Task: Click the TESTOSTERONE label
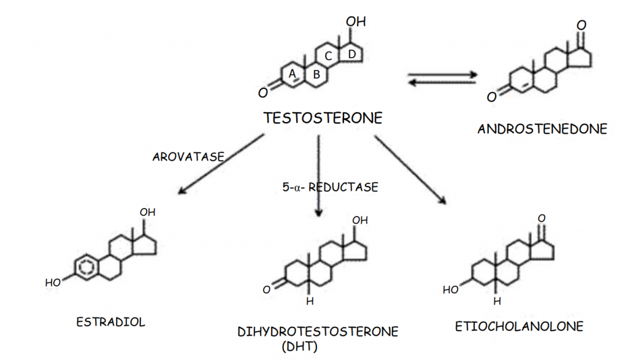(x=323, y=118)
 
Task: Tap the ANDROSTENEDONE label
(x=542, y=129)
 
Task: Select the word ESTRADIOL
(x=111, y=322)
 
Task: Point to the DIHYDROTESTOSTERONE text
(x=318, y=332)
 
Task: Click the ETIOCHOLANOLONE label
(x=519, y=326)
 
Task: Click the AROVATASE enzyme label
(x=188, y=157)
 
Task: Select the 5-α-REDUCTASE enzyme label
(x=331, y=187)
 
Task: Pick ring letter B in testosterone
(x=316, y=75)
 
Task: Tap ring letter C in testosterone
(x=328, y=56)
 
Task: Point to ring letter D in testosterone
(x=351, y=54)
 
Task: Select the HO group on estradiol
(x=53, y=283)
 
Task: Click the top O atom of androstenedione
(x=581, y=25)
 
